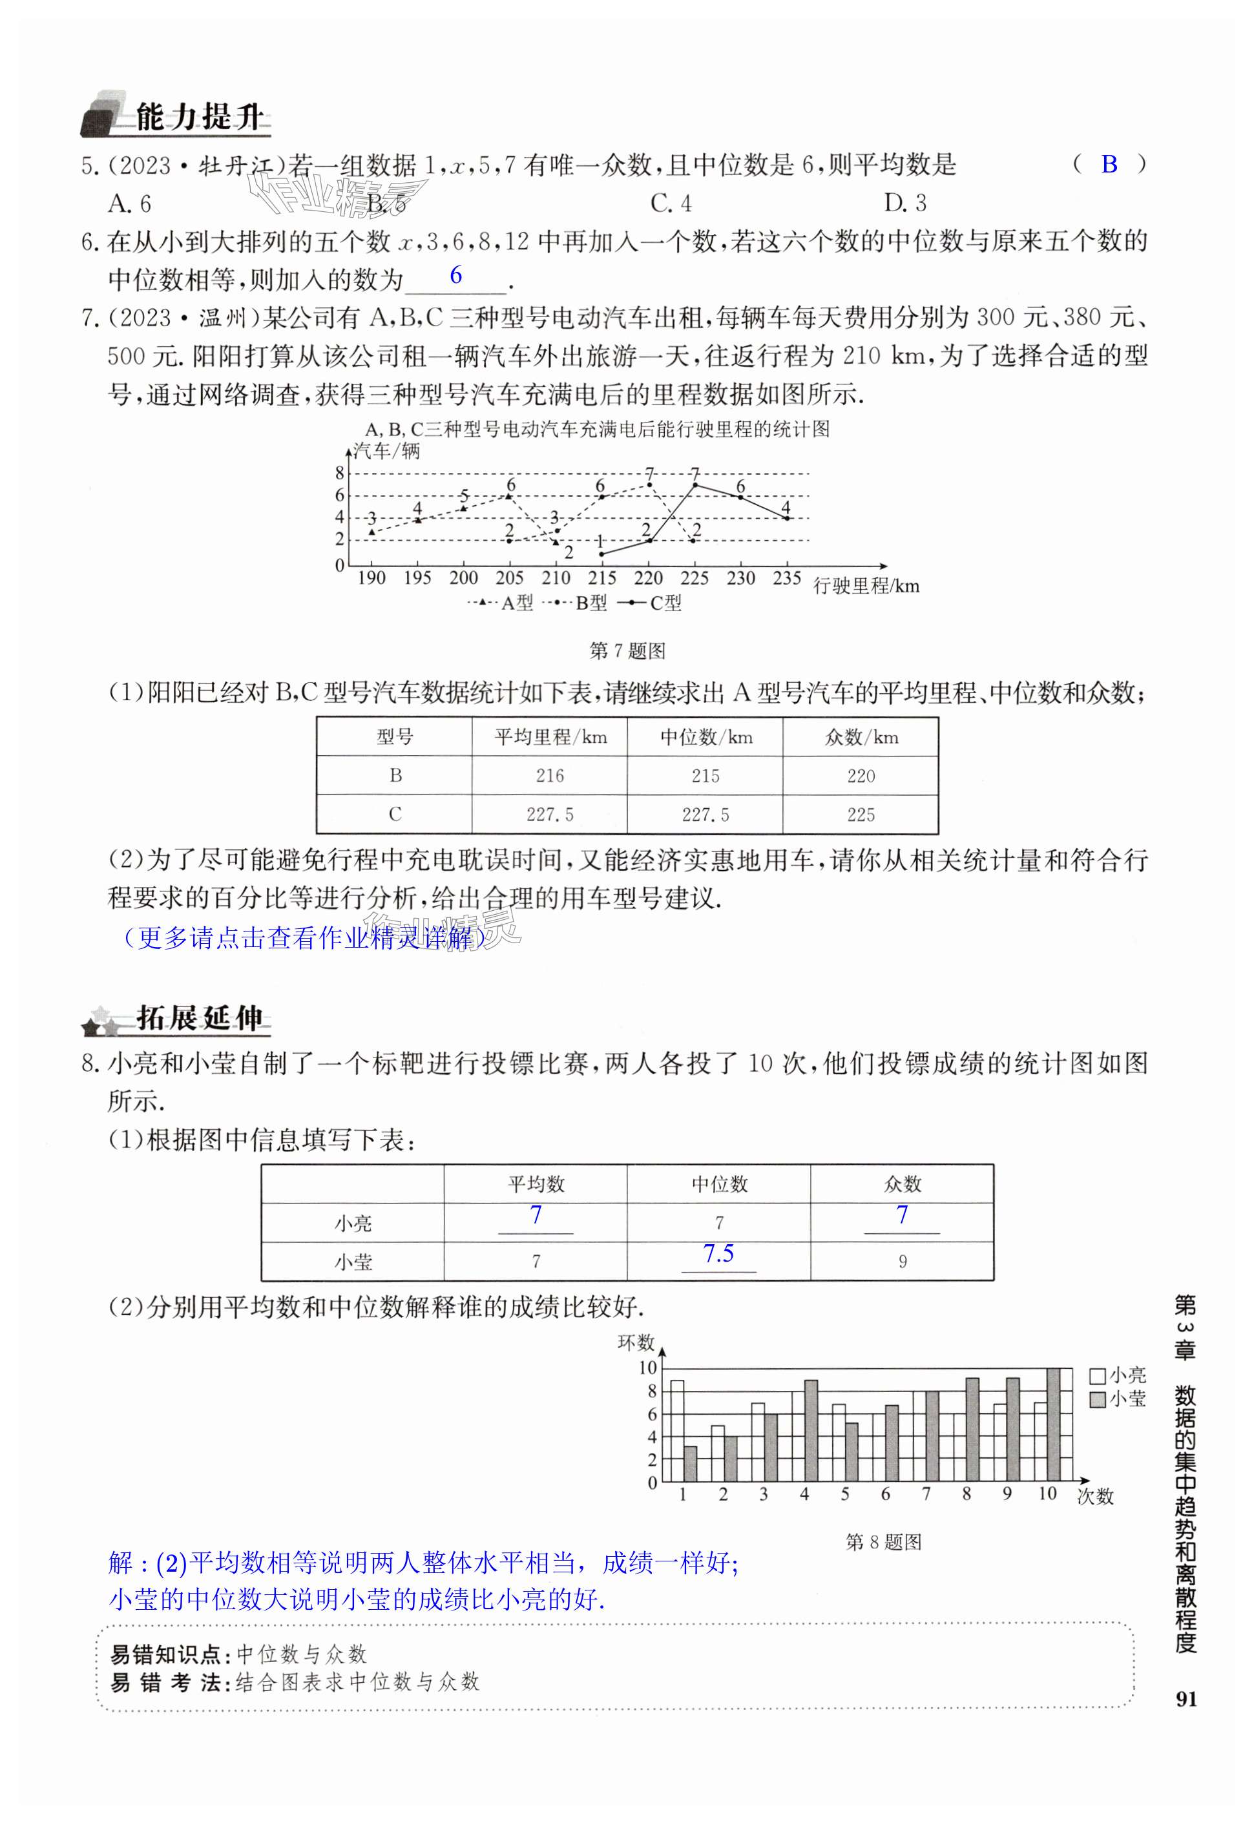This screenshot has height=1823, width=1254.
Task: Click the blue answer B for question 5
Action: click(1109, 164)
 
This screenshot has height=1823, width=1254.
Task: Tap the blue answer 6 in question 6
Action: click(455, 276)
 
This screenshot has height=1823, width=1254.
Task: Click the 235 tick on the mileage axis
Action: click(786, 578)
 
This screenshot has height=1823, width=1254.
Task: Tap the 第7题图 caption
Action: click(627, 651)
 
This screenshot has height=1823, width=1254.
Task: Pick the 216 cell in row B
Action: click(549, 776)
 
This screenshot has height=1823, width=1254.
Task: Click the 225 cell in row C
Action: click(861, 815)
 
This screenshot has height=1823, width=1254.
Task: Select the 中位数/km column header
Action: click(705, 736)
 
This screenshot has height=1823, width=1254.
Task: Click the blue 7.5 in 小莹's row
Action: click(718, 1254)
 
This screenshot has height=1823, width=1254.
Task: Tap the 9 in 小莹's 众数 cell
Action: click(902, 1262)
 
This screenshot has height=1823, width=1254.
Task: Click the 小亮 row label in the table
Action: click(353, 1223)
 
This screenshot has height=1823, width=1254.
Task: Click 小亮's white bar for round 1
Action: click(676, 1430)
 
